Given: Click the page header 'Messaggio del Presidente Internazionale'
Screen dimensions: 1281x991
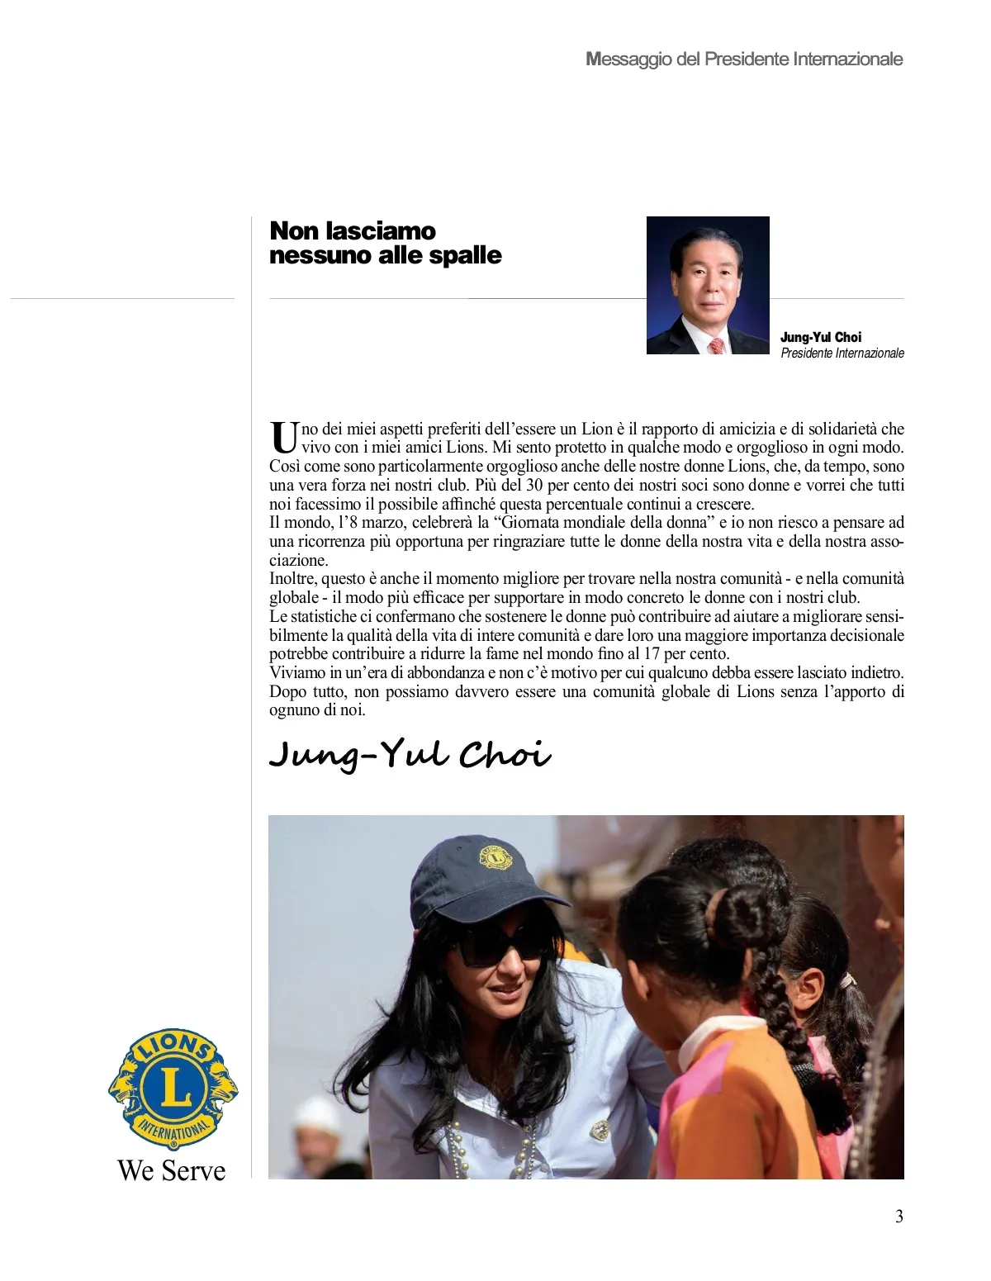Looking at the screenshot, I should pos(744,59).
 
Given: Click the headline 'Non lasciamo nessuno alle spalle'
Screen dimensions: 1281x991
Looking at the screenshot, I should pos(385,242).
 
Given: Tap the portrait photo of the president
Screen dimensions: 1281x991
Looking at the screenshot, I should pos(708,285).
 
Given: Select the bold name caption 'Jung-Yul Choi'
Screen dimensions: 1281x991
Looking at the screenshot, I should pos(820,337).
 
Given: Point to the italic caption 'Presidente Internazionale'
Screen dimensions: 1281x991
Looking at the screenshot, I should pos(842,353).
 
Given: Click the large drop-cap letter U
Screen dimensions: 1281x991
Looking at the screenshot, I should pos(283,438).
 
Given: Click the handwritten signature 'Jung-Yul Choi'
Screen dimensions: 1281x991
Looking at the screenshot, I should pos(410,755).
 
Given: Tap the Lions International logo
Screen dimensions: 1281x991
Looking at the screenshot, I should pos(173,1088).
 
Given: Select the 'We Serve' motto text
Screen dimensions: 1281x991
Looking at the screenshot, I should pos(172,1170).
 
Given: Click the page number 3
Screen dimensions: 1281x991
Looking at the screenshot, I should pos(899,1216).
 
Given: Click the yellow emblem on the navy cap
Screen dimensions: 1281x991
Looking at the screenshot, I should pos(495,859).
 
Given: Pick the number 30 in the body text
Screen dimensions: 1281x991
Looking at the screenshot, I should pos(534,486).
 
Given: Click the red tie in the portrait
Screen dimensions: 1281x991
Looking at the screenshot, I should pos(716,345).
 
